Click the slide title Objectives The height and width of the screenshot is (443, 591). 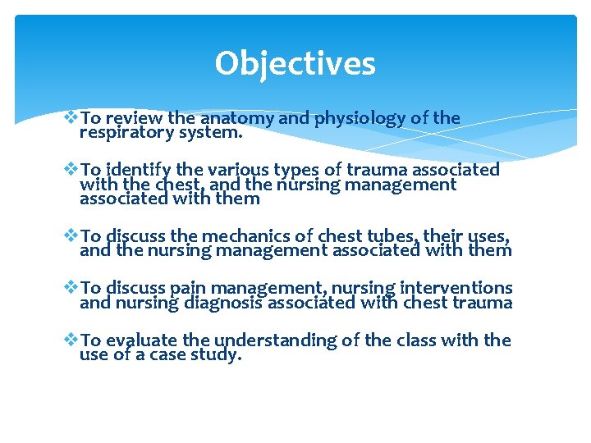(295, 64)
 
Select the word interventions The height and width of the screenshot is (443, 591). (456, 289)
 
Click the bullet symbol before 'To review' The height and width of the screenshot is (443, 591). (71, 118)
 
